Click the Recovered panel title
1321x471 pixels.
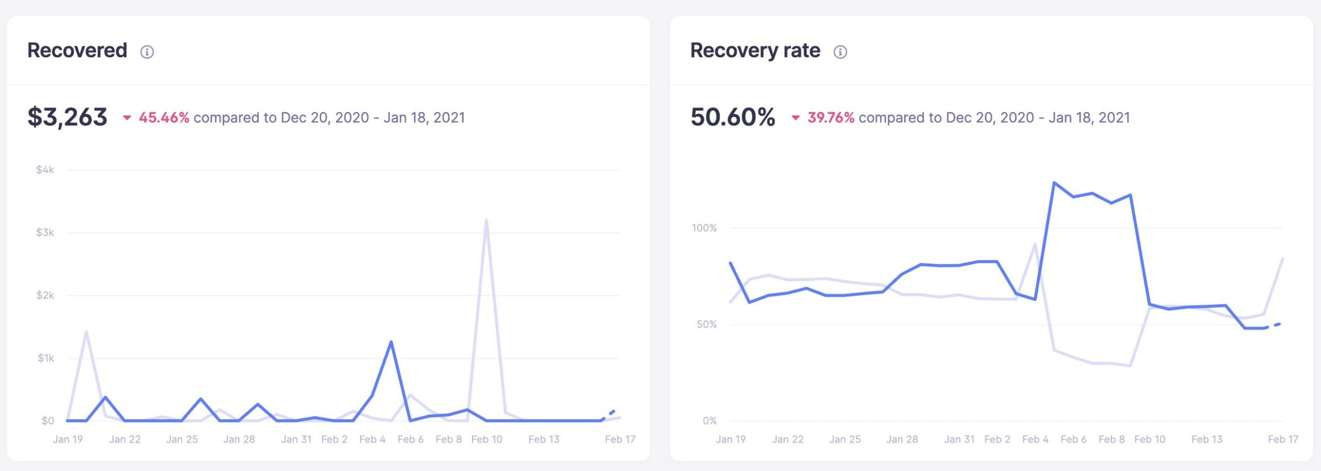77,50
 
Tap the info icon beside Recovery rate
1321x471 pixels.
840,52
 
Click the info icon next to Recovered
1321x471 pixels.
147,52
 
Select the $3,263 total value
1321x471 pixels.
67,117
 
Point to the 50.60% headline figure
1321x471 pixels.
733,117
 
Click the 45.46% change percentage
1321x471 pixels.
164,118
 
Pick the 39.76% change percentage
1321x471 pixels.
830,118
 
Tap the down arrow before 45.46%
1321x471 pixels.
127,118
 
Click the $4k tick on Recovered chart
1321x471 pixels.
45,170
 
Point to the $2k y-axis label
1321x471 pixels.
45,295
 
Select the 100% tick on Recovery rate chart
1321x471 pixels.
704,228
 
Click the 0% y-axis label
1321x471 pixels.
709,421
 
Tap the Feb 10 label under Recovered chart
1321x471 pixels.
487,439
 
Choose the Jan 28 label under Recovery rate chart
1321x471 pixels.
902,439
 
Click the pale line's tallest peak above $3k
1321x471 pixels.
487,221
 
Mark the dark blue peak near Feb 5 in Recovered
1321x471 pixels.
391,342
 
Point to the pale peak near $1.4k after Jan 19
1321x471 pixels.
86,332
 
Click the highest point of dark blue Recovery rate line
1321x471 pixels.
1054,183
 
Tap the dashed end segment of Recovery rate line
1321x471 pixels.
1276,325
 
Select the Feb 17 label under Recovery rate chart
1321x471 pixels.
1283,439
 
